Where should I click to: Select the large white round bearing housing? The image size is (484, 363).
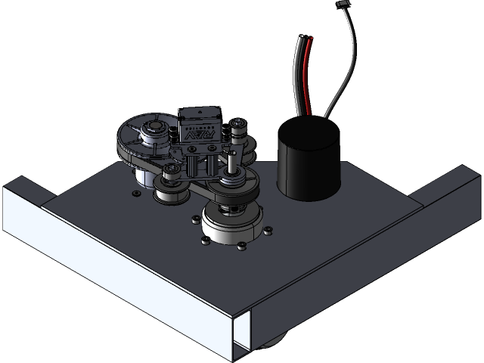(233, 227)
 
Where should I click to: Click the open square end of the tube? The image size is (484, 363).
(244, 332)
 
